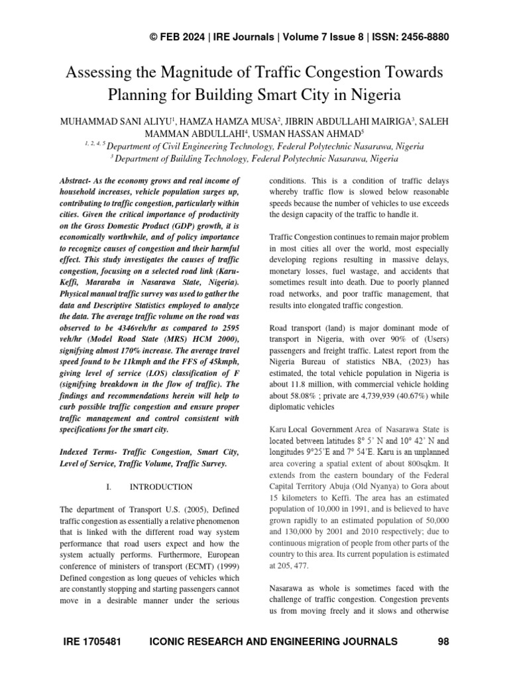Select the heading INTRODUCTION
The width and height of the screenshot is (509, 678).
161,487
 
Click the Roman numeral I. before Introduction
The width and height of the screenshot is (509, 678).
109,487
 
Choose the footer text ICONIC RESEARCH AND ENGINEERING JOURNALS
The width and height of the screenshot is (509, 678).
274,642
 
